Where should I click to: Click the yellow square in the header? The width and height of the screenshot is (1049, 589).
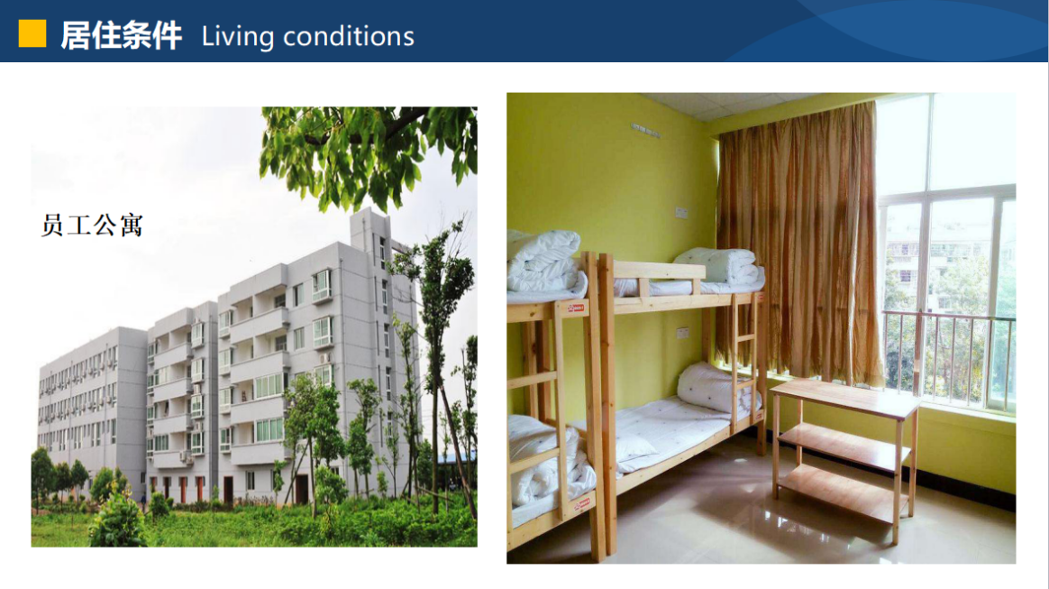(x=32, y=33)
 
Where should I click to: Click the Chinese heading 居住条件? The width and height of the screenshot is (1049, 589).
(x=121, y=35)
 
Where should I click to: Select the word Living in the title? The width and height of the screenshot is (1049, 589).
(x=237, y=37)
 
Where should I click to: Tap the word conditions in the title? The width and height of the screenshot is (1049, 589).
(x=349, y=36)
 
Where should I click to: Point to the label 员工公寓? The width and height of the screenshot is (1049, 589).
(x=92, y=225)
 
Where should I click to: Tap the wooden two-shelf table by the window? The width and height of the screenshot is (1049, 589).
(x=845, y=456)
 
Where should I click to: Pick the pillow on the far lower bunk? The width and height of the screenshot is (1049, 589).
(x=715, y=388)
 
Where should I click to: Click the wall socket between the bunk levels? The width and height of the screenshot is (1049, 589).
(x=682, y=332)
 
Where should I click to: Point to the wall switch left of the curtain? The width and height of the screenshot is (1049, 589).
(x=681, y=213)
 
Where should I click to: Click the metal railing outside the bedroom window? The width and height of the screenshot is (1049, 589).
(x=949, y=358)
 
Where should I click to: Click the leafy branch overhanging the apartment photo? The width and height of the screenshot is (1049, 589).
(x=369, y=154)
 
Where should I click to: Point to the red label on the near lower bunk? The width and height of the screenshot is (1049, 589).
(x=583, y=503)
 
